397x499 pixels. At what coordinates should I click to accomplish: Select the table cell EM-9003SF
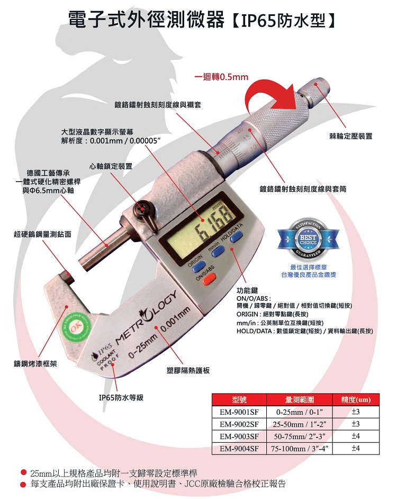click(x=239, y=436)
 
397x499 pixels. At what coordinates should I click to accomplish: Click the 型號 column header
click(x=239, y=399)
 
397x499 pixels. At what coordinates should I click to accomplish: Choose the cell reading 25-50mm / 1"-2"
click(x=300, y=424)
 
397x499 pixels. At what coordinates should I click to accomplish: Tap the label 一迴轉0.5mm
click(x=221, y=77)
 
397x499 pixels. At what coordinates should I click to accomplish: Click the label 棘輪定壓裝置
click(x=350, y=137)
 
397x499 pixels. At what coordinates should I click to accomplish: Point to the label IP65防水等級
click(x=121, y=398)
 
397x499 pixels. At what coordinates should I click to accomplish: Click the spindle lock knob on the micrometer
click(x=142, y=209)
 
